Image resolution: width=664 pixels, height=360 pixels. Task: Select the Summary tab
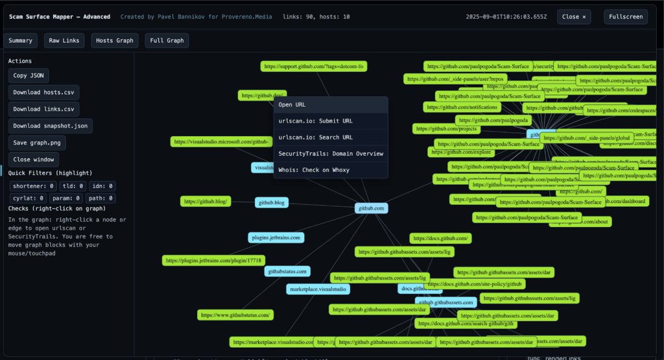(x=21, y=41)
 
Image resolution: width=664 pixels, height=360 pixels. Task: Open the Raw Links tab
(x=64, y=41)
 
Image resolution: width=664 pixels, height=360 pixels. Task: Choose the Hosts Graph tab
(x=115, y=41)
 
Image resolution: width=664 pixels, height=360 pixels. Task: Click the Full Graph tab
(x=167, y=41)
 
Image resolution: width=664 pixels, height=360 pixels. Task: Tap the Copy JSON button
(x=29, y=76)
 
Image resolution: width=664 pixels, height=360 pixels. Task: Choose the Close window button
(x=36, y=159)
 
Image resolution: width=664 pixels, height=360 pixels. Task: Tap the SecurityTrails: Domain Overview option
(x=331, y=154)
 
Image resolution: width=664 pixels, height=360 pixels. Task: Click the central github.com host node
(x=372, y=208)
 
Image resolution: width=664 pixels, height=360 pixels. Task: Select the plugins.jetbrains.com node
(x=276, y=238)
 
